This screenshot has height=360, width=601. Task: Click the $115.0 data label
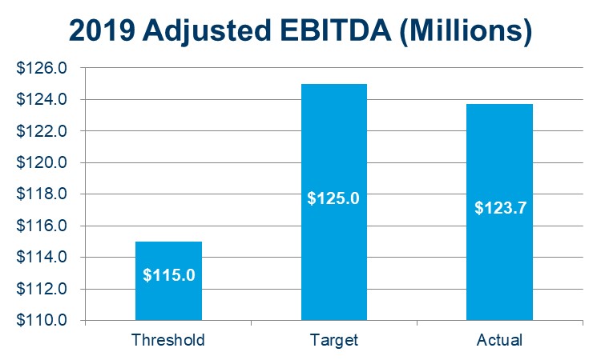click(168, 274)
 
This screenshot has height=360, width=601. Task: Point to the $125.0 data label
click(333, 197)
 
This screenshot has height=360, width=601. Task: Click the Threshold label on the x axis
click(168, 340)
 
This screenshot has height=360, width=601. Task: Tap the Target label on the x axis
click(333, 340)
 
